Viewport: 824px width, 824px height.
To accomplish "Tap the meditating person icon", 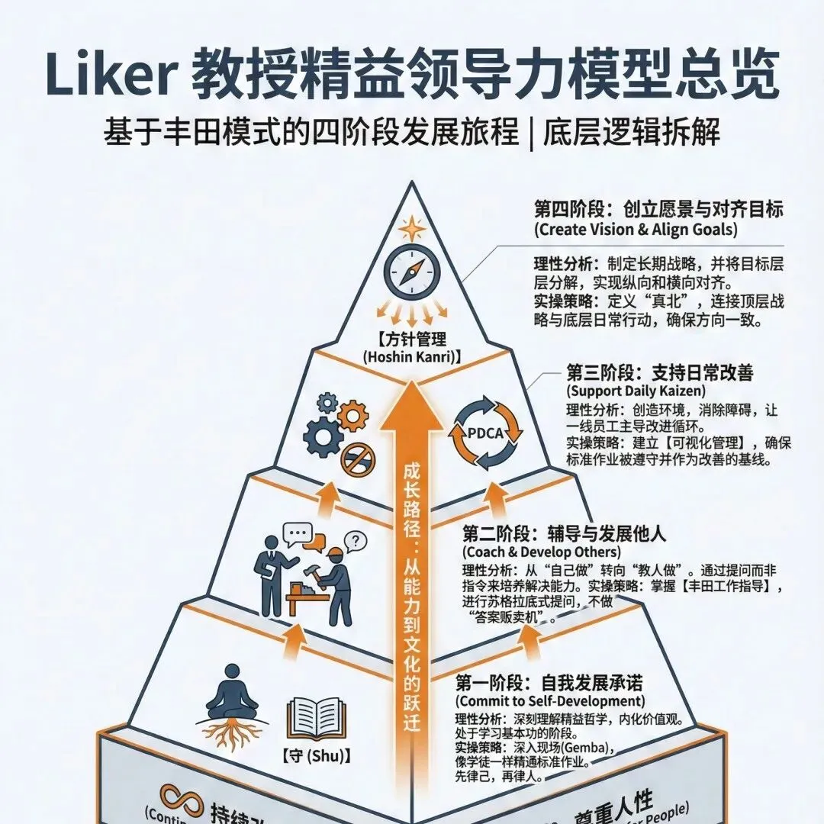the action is (x=228, y=702).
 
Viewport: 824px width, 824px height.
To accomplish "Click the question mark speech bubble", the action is (x=356, y=541).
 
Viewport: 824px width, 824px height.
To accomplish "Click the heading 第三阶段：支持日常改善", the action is (x=659, y=372).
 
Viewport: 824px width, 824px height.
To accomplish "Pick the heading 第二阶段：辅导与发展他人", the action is (x=564, y=533).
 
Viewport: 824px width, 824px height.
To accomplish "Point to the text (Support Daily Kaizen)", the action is (x=624, y=391).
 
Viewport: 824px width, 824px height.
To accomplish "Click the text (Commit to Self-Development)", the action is (x=549, y=700).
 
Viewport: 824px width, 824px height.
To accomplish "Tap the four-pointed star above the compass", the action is (x=412, y=228).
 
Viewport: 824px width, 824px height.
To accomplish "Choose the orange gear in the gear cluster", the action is (x=352, y=416).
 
